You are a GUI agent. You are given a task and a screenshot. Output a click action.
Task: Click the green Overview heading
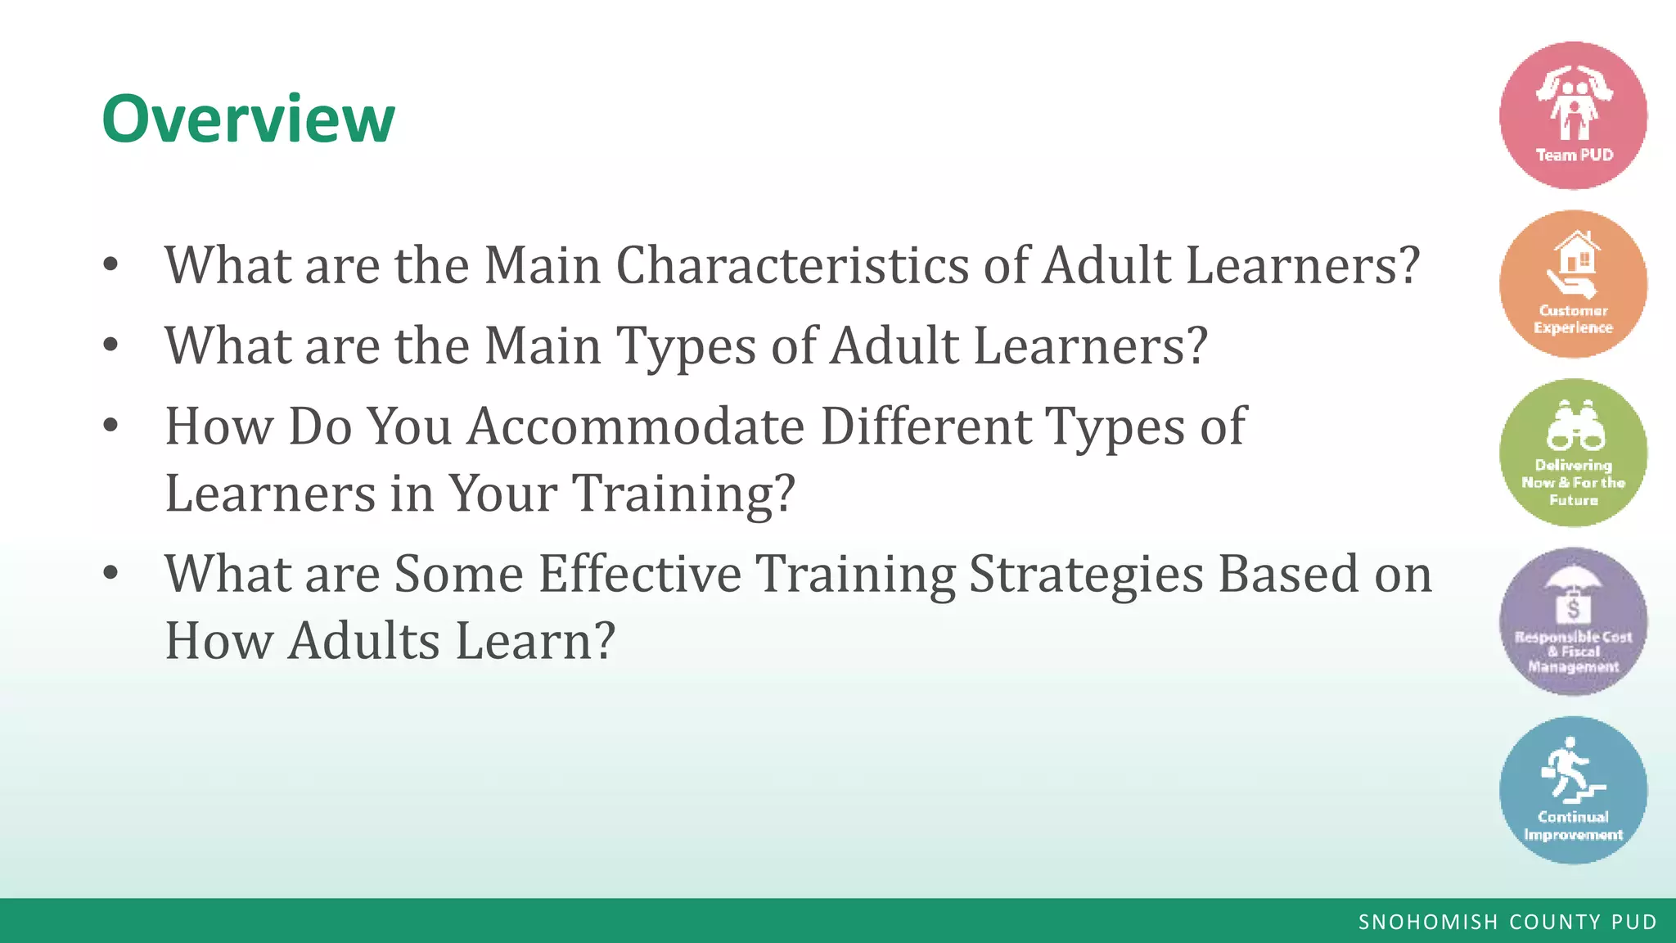tap(248, 120)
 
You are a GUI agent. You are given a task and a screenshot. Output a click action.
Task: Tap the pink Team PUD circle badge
tap(1573, 115)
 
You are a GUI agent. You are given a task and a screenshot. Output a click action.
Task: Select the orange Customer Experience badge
tap(1573, 284)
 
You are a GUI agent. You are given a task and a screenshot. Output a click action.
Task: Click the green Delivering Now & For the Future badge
tap(1573, 453)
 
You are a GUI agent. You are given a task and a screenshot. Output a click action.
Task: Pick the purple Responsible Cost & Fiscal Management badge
tap(1573, 621)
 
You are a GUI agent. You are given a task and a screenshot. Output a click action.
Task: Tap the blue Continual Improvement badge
tap(1573, 790)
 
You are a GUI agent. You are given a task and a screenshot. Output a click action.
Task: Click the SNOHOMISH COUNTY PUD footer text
tap(1507, 922)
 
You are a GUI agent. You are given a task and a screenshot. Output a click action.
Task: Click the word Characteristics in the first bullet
tap(792, 265)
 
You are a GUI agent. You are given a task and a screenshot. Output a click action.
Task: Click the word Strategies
tap(1086, 575)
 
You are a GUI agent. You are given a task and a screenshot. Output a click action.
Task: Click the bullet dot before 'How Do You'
tap(110, 425)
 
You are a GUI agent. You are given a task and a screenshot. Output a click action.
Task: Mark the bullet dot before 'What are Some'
tap(110, 572)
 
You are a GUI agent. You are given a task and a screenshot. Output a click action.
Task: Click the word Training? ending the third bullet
tap(683, 494)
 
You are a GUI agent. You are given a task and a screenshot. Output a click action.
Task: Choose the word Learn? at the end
tap(534, 640)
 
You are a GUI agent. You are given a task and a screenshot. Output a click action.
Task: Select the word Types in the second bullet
tap(686, 347)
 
